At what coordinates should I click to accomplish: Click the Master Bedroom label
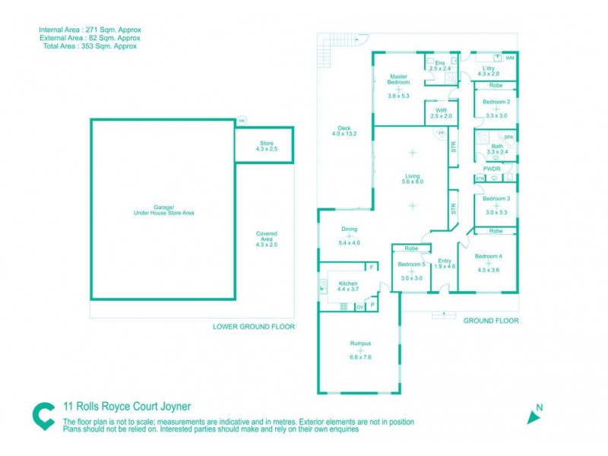tap(398, 80)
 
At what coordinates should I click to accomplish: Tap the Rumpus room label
tap(360, 343)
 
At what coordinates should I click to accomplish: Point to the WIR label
tap(441, 110)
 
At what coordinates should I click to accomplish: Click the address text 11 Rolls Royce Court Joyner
tap(127, 407)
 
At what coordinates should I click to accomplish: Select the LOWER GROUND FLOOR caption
tap(254, 326)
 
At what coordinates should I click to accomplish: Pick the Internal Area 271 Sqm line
tap(90, 30)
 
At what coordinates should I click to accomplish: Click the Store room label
tap(266, 143)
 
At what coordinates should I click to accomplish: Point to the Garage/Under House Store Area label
tap(163, 210)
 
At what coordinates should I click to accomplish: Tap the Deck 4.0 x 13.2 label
tap(344, 131)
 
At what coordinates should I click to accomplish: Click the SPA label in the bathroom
tap(508, 137)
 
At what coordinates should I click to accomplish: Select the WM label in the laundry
tap(509, 58)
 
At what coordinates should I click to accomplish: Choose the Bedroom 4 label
tap(489, 256)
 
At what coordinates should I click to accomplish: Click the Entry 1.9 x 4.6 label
tap(445, 264)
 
